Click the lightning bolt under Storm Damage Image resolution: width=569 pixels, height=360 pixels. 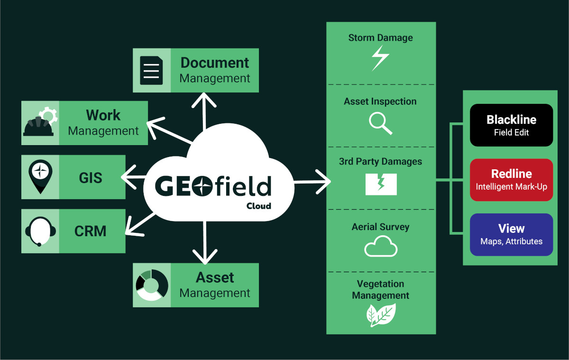pos(380,58)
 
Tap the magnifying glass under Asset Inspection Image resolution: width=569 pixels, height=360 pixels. pos(380,123)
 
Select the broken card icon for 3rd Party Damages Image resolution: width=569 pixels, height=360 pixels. pos(381,185)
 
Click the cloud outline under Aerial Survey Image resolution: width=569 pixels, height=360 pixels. pos(381,247)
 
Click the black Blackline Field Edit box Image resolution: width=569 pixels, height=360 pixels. pos(511,125)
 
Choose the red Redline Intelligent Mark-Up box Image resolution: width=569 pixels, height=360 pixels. pos(511,180)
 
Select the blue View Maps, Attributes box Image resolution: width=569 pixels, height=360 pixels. pos(511,234)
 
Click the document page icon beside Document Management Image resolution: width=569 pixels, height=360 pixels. pos(151,70)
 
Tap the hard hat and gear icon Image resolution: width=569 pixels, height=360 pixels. pos(40,123)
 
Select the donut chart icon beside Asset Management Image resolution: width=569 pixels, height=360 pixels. pos(151,285)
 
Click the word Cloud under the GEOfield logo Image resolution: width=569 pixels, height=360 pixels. pos(258,206)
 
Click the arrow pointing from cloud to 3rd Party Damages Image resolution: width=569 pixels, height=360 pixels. pos(313,182)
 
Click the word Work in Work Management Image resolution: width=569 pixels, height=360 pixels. pos(103,115)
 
